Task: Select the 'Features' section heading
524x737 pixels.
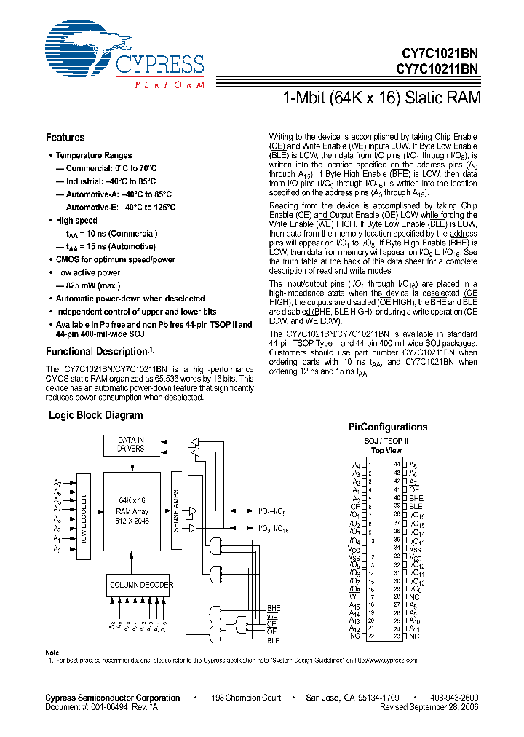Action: (65, 138)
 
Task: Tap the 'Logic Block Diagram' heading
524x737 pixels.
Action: (95, 415)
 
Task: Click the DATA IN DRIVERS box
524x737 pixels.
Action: (131, 444)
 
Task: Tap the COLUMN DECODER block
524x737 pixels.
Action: (141, 585)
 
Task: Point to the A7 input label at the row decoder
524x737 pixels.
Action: (57, 483)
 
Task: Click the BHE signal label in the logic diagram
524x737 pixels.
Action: (274, 607)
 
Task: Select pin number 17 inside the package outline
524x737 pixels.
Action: (371, 596)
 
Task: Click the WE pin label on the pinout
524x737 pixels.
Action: (354, 596)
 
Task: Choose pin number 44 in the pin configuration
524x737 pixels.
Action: (397, 464)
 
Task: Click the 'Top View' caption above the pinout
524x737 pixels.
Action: (386, 451)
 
